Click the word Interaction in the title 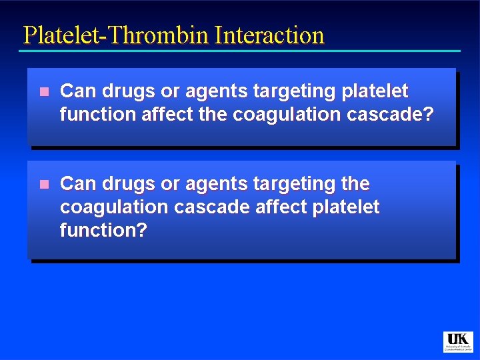(x=269, y=35)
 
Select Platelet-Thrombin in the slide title (x=116, y=35)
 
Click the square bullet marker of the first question (x=44, y=92)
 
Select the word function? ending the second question (x=103, y=231)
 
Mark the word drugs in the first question (x=128, y=91)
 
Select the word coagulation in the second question (x=114, y=207)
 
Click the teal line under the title (x=240, y=51)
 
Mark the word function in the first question (x=97, y=115)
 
